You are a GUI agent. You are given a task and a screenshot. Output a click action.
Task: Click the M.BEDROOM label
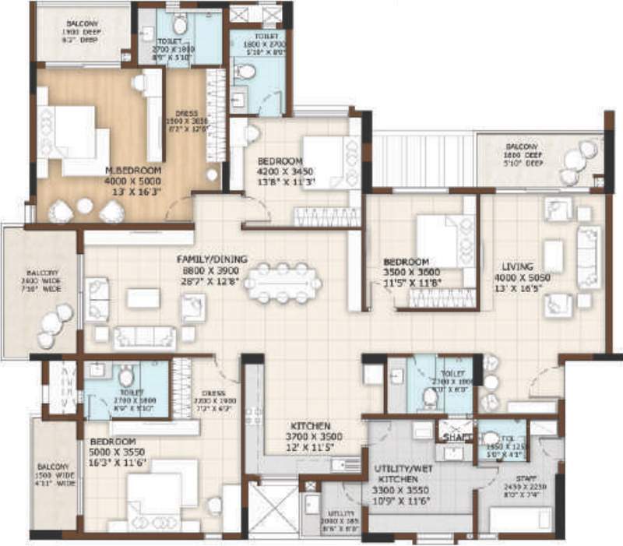click(x=133, y=170)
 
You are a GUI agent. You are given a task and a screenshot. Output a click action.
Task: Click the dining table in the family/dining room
click(x=283, y=283)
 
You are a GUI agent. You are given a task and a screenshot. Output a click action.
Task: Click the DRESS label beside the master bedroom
click(x=187, y=113)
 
